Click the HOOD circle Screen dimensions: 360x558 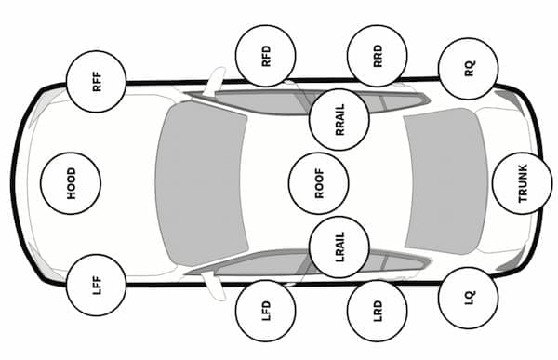pyautogui.click(x=71, y=182)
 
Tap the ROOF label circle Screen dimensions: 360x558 pyautogui.click(x=318, y=182)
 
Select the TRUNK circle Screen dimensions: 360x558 pyautogui.click(x=522, y=182)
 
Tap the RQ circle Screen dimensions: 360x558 pyautogui.click(x=469, y=68)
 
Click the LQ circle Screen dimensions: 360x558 pyautogui.click(x=469, y=298)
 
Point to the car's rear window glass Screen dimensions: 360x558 pyautogui.click(x=446, y=182)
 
